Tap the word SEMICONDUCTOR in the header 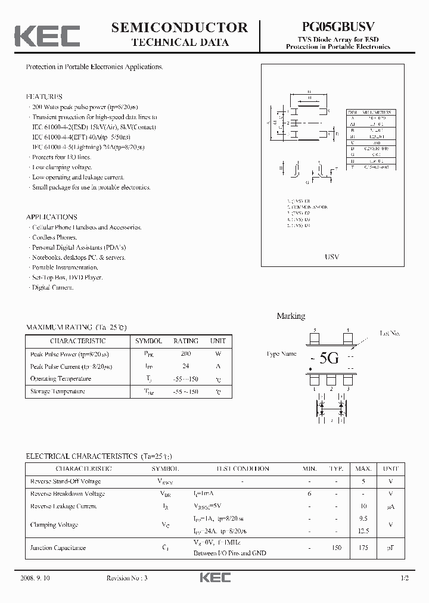179,27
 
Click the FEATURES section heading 44,97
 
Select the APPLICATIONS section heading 52,217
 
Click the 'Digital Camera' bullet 53,287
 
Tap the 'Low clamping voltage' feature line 62,167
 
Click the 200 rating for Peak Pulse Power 185,354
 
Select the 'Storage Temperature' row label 57,391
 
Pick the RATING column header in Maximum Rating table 185,341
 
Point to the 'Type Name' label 281,354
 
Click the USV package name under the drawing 332,257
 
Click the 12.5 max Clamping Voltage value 363,531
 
